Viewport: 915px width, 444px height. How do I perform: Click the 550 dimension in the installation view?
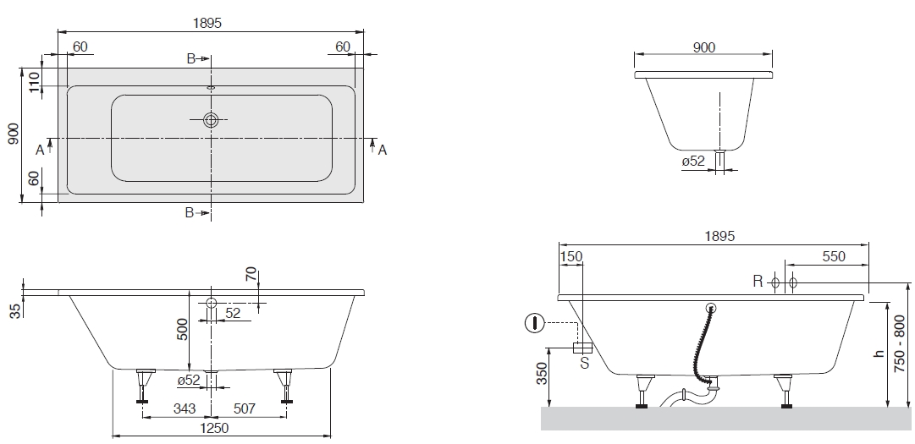[x=834, y=257]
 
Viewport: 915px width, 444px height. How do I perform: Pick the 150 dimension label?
[x=571, y=257]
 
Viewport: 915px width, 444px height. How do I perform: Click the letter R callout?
[x=759, y=282]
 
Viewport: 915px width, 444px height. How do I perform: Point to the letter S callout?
[x=583, y=365]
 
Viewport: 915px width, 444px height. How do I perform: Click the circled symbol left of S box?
[x=534, y=323]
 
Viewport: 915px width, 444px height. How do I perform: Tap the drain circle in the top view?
[x=211, y=120]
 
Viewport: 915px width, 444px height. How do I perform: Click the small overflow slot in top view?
[x=211, y=86]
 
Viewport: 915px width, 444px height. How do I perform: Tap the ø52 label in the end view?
[x=693, y=161]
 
